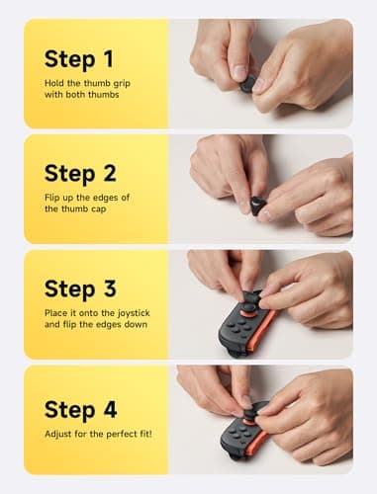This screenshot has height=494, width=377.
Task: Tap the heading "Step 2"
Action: pos(84,174)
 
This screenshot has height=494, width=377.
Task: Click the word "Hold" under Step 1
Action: pos(55,86)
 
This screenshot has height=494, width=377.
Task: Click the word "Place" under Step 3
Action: pos(57,316)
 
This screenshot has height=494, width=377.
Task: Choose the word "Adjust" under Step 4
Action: pos(59,434)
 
